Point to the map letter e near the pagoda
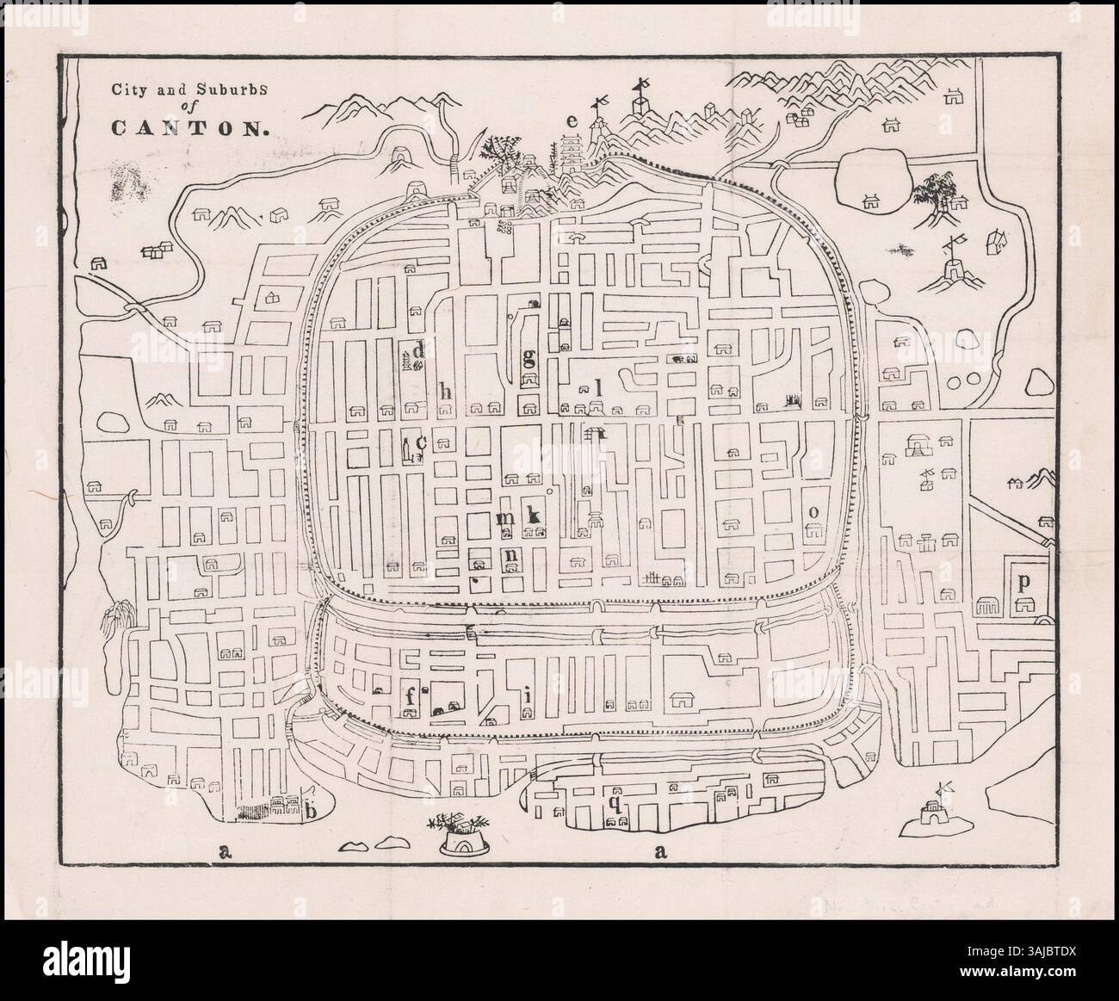point(572,121)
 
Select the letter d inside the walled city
point(420,350)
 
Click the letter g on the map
point(529,356)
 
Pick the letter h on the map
point(445,391)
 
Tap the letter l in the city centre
point(597,388)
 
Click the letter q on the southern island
point(615,802)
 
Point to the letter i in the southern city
point(527,695)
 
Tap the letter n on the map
point(511,555)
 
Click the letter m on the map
point(507,517)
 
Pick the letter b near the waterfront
point(312,810)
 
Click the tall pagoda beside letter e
point(571,152)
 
